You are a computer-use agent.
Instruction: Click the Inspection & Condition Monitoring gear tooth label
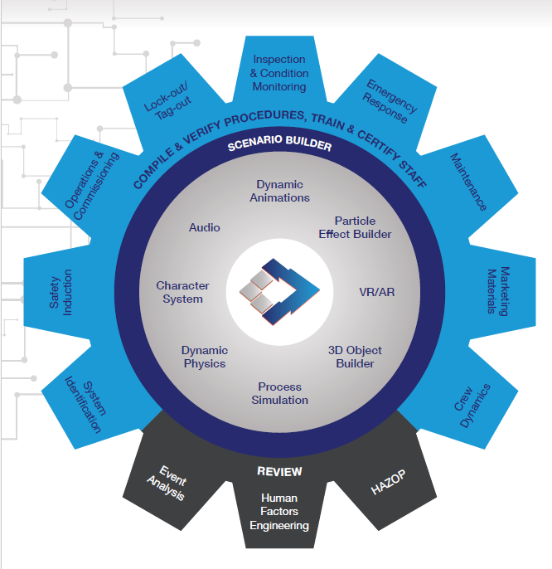[x=279, y=73]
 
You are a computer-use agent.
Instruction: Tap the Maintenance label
[x=467, y=181]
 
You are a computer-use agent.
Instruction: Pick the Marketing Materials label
[x=497, y=291]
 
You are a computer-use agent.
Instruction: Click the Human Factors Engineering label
[x=279, y=512]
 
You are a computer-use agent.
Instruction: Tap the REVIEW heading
[x=279, y=471]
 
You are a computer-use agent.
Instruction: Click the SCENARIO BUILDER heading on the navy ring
[x=279, y=146]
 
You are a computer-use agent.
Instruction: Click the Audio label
[x=205, y=226]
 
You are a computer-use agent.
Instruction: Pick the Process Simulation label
[x=279, y=393]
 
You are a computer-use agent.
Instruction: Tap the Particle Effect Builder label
[x=355, y=227]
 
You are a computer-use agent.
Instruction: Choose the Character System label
[x=182, y=292]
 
